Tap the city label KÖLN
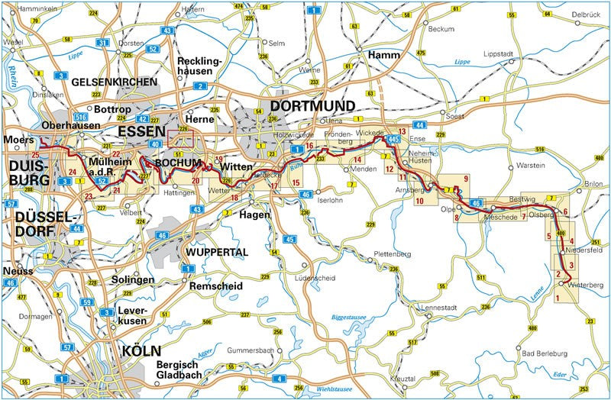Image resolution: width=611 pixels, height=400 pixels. click(141, 352)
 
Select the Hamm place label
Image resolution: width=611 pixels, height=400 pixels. click(383, 56)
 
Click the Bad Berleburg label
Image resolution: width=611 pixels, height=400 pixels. click(544, 353)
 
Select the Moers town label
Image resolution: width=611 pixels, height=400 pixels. click(19, 140)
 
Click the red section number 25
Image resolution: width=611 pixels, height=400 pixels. click(35, 154)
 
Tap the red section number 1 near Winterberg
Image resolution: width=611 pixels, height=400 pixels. click(558, 297)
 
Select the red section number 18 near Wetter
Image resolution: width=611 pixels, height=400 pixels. click(234, 198)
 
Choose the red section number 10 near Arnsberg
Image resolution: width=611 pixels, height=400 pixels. click(419, 201)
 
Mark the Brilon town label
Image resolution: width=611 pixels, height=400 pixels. click(593, 184)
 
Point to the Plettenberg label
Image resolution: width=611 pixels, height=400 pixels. click(372, 253)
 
